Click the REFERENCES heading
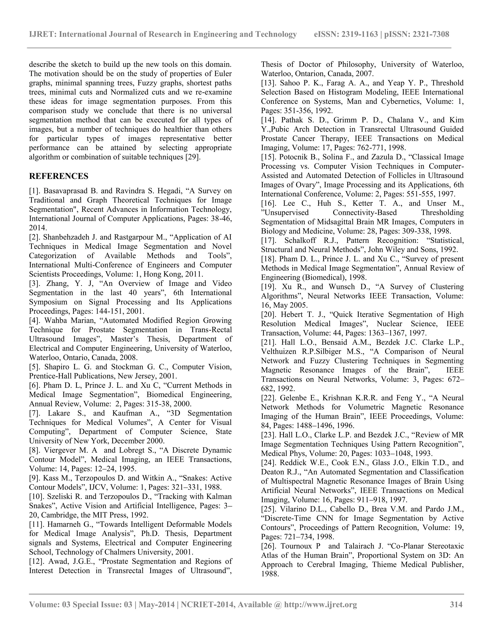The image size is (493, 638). coord(59,176)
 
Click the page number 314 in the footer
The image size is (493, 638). coord(456,604)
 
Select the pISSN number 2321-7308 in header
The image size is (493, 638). coord(431,34)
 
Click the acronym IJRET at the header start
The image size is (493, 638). coord(42,34)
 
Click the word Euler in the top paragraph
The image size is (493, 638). coord(222,74)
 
